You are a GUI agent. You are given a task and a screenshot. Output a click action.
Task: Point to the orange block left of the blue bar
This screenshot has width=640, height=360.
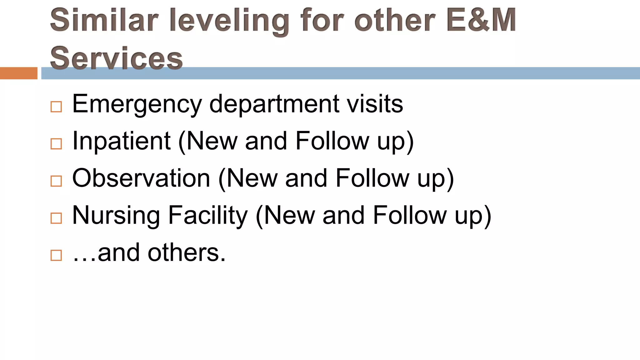(18, 73)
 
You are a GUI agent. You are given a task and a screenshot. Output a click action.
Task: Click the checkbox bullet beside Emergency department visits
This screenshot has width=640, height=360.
(56, 107)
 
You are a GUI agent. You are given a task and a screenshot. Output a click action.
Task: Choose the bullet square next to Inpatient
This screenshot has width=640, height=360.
(56, 144)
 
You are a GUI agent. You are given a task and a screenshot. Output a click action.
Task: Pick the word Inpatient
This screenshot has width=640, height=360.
(121, 142)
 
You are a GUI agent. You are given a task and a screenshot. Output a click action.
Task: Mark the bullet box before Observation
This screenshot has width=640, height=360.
(56, 181)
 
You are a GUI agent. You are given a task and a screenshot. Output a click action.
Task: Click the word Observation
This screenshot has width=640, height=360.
(141, 178)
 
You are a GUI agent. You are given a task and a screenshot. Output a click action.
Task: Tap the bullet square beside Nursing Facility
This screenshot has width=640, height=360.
(56, 218)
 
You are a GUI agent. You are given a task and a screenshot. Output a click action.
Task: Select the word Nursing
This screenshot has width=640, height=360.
(116, 216)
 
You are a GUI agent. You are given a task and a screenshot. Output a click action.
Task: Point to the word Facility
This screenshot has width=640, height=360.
(208, 216)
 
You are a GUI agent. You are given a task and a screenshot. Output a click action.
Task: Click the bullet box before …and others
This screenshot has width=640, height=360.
(56, 255)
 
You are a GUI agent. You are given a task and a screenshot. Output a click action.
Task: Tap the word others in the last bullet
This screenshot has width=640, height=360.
(187, 252)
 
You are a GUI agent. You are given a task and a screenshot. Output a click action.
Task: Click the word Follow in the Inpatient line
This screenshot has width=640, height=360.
(332, 141)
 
